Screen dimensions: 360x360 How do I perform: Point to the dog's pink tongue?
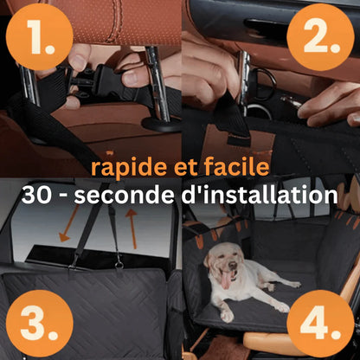pyautogui.click(x=225, y=279)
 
